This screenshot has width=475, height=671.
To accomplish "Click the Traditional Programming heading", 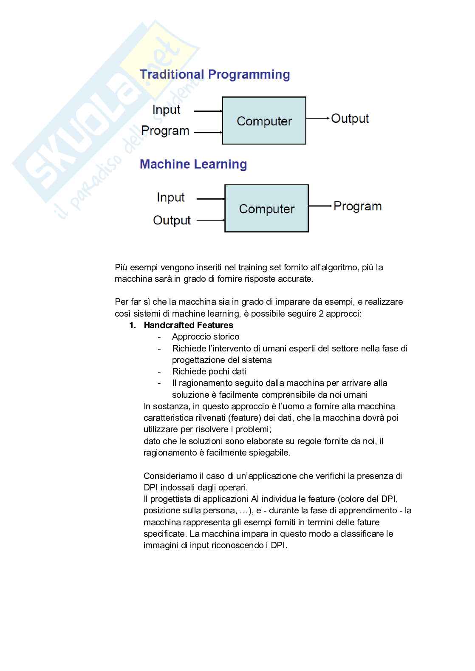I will point(215,75).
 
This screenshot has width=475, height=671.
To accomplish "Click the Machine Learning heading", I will point(193,164).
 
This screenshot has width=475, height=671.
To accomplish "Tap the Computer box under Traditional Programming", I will point(264,121).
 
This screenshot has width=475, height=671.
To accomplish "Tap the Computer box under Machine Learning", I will point(266,209).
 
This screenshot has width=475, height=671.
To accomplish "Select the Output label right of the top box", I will point(350,119).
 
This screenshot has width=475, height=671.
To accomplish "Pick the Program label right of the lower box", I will point(357,207).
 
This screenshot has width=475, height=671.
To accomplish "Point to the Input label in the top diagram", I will point(166,110).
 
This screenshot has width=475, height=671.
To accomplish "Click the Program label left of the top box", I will point(165,131).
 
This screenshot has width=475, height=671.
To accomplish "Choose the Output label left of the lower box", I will point(172,220).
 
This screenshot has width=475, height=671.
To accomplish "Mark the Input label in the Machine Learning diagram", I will point(170,198).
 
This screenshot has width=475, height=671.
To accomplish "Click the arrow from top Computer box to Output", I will point(318,118).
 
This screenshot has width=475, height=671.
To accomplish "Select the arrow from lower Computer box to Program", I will point(320,206).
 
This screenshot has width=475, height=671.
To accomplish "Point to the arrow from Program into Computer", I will point(208,133).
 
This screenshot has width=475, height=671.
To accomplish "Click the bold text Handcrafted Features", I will point(189,325).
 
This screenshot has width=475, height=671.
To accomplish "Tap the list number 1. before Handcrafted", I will point(133,325).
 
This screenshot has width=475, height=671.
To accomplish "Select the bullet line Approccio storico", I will point(206,337).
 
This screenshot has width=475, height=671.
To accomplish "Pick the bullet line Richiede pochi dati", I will point(209,371).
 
